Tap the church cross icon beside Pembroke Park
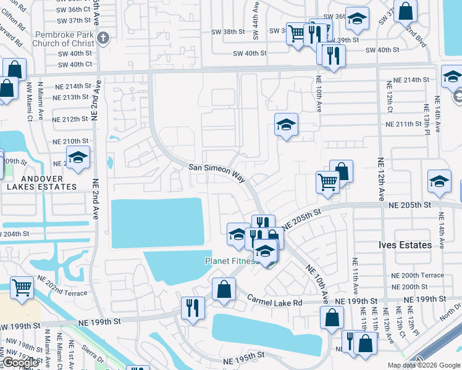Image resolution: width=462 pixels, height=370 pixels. [104, 38]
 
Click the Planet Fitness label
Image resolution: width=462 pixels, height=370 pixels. [231, 261]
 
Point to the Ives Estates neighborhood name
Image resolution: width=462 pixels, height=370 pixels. [405, 245]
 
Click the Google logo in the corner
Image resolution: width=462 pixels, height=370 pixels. [20, 363]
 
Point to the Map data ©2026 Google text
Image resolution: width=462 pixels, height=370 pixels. [423, 365]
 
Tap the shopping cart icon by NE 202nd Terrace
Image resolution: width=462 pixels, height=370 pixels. [22, 287]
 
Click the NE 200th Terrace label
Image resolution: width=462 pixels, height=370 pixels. [418, 275]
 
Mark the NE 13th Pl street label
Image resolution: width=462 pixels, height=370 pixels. [427, 119]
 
